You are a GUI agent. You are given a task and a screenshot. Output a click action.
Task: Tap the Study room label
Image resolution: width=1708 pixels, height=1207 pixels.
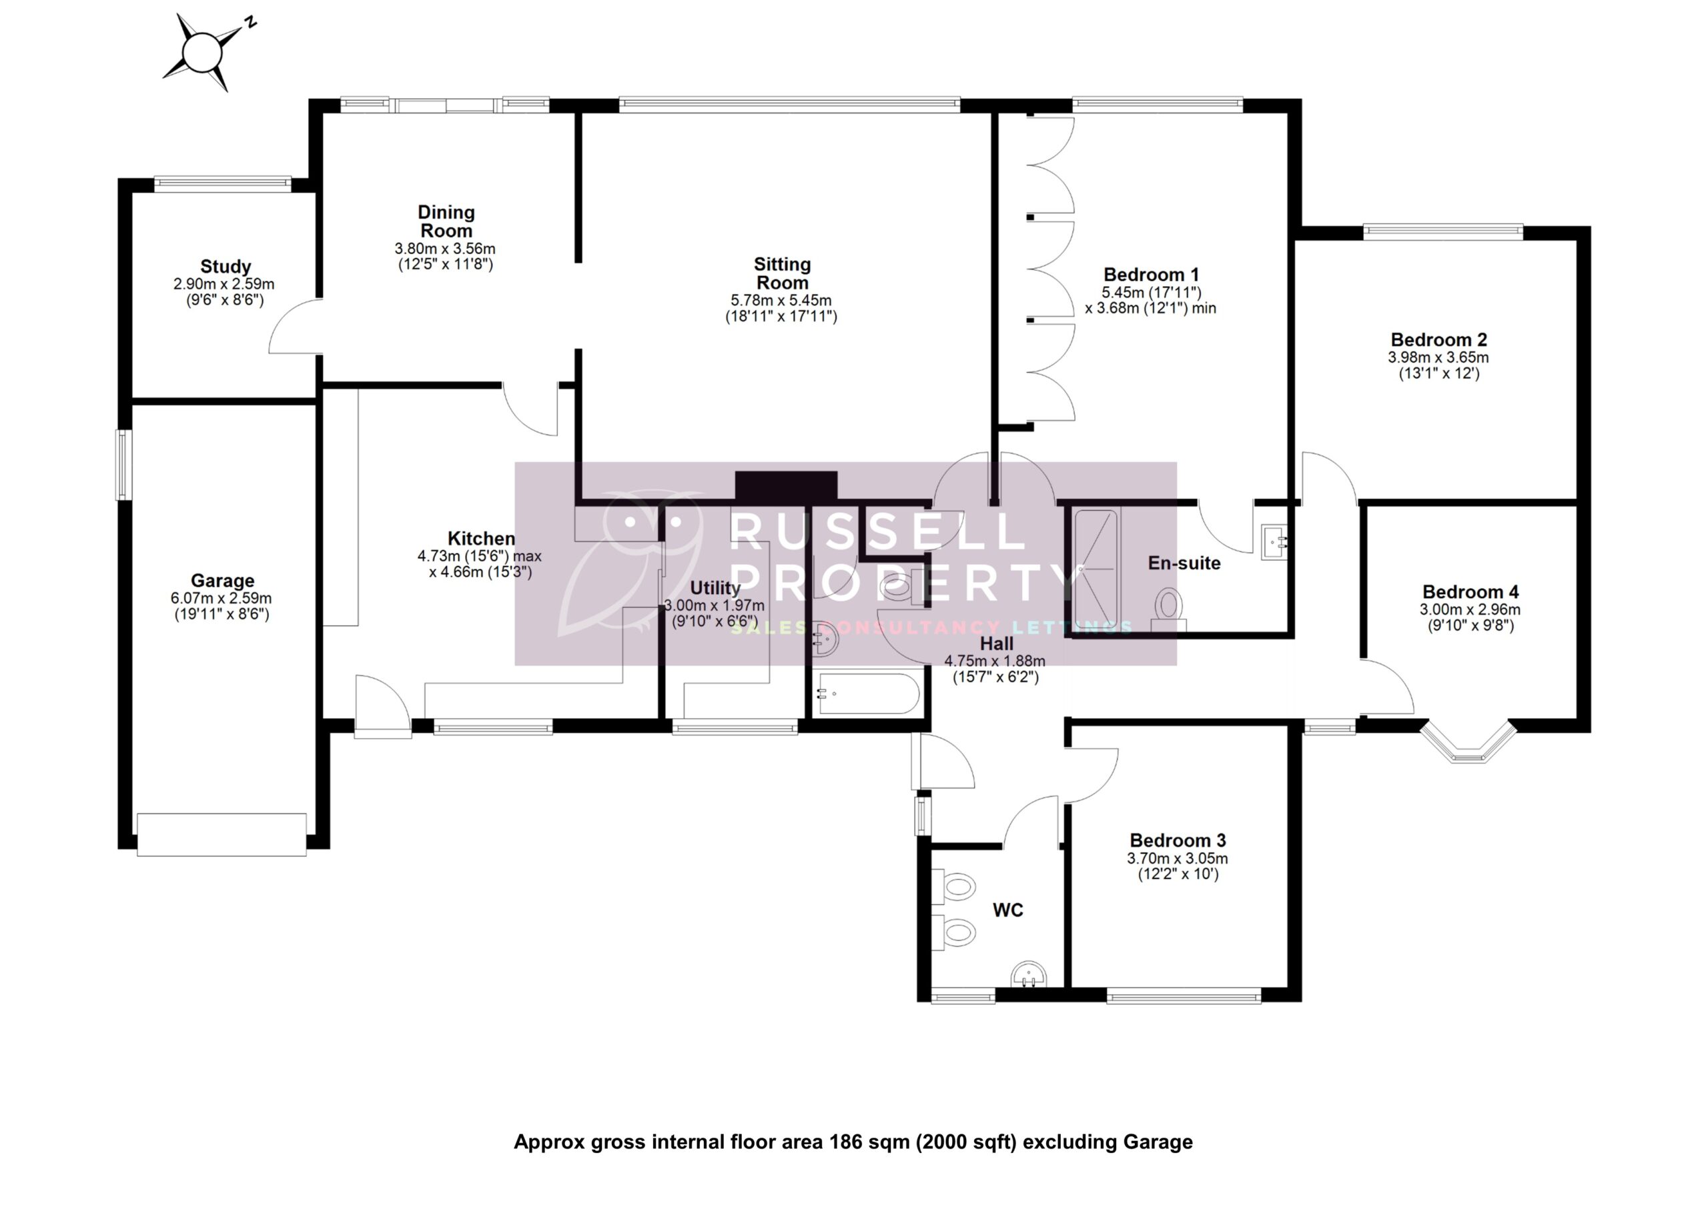[x=226, y=266]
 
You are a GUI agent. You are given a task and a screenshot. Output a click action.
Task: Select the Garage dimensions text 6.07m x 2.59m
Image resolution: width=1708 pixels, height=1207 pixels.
[x=221, y=599]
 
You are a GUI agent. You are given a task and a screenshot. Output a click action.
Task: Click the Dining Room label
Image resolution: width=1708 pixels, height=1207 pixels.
[x=446, y=221]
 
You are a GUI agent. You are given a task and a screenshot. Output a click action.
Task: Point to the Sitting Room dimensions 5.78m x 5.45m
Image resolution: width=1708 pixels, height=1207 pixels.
[x=781, y=301]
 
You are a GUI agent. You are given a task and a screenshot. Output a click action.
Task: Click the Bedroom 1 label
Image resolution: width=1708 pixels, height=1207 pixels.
[x=1151, y=275]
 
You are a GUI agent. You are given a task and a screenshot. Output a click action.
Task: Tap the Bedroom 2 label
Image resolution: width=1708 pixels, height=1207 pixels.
[x=1438, y=340]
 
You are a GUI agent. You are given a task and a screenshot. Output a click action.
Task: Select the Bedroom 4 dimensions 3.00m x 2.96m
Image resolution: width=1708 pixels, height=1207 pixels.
[x=1470, y=610]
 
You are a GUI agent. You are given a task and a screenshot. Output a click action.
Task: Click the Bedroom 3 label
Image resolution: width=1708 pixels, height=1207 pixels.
[x=1178, y=840]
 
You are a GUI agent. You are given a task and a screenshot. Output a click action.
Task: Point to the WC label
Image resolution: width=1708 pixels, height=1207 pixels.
[x=1008, y=910]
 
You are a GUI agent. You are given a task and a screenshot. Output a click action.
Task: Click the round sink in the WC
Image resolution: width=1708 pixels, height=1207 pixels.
[x=1029, y=974]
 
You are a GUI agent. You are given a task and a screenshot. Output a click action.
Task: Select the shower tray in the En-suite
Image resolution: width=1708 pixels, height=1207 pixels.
[x=1094, y=565]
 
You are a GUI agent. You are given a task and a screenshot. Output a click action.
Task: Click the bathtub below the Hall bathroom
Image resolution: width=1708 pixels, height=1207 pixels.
[x=866, y=694]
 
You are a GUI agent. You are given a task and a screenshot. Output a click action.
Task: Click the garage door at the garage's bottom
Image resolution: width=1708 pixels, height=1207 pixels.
[x=222, y=834]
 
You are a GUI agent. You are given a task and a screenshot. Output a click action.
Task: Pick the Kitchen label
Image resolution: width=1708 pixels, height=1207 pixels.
[x=480, y=538]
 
